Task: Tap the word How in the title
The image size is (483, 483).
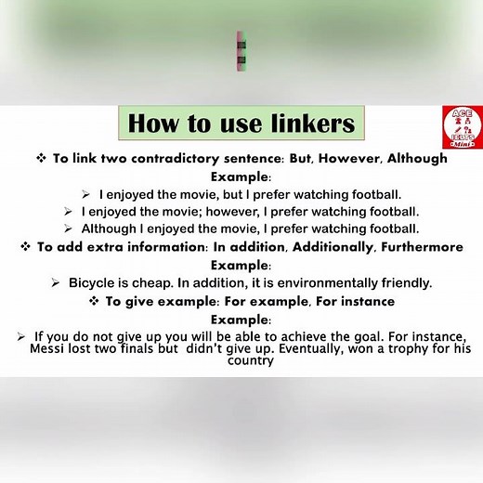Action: pos(153,124)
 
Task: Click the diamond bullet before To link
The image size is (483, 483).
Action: pos(41,159)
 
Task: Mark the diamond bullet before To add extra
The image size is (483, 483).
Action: pos(25,246)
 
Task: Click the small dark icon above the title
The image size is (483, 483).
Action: pos(241,52)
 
